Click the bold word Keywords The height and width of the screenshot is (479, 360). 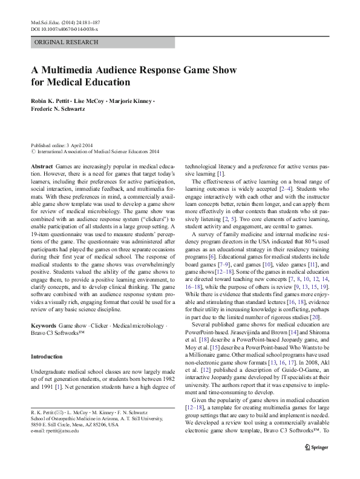pyautogui.click(x=44, y=325)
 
